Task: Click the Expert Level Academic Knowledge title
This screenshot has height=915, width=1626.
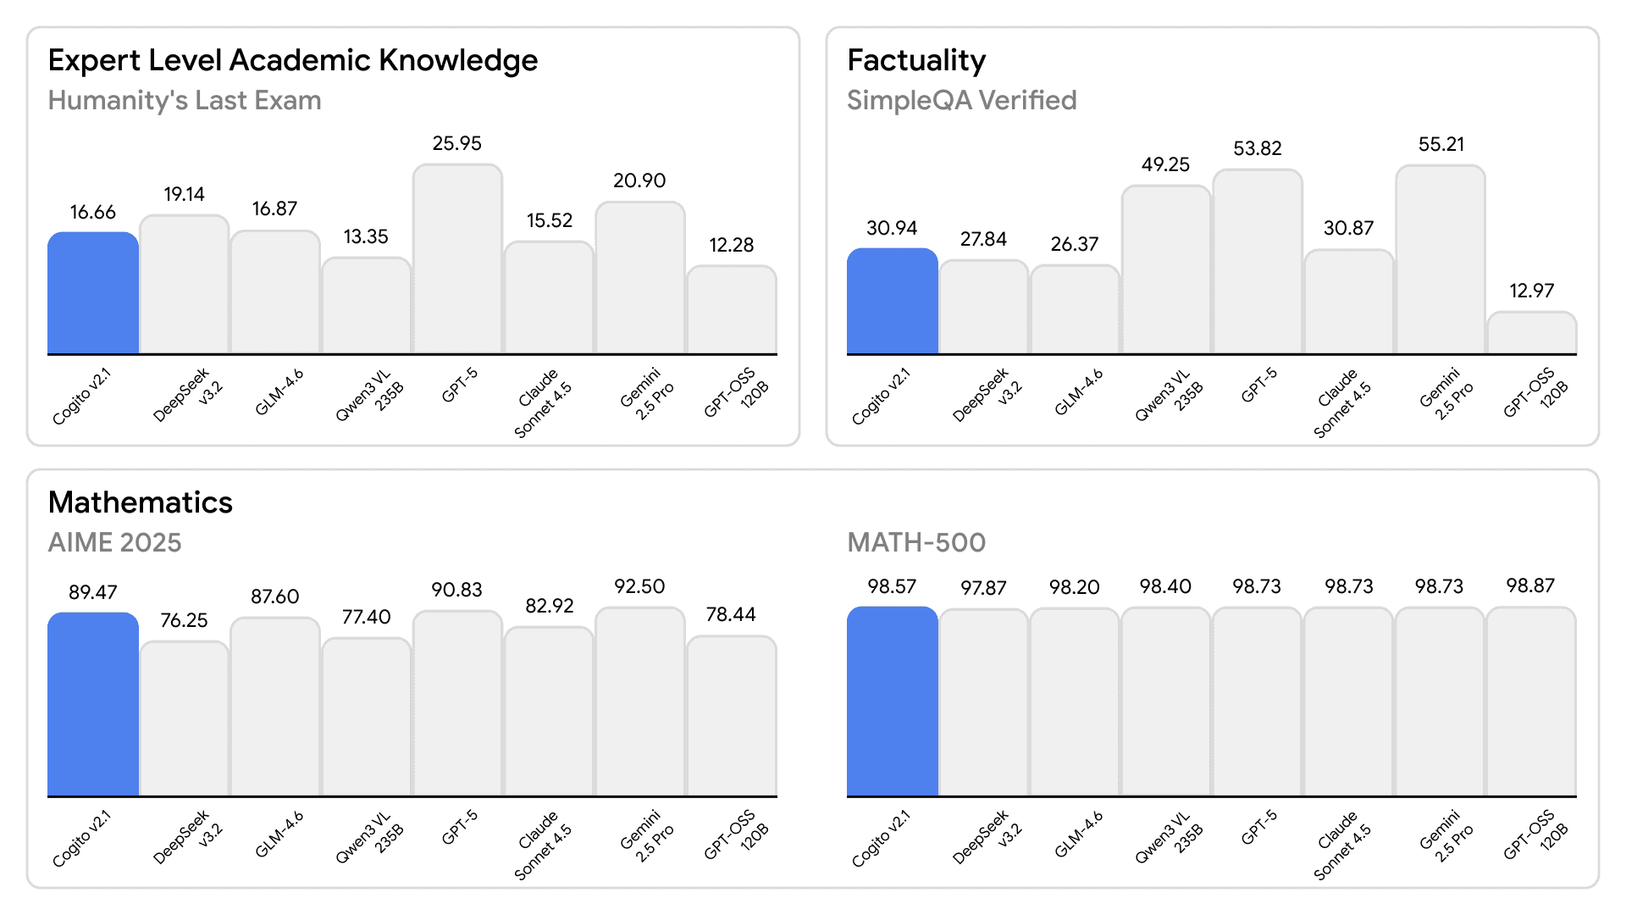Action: [x=292, y=61]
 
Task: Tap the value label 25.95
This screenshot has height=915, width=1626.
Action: [x=457, y=143]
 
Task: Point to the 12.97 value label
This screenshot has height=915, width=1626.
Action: [x=1531, y=291]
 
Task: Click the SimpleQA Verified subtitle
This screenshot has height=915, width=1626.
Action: [x=961, y=101]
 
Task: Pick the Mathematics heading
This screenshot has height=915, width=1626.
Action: [x=140, y=502]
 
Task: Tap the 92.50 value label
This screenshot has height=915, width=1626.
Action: [x=639, y=586]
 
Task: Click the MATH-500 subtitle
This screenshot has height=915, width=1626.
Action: [x=916, y=542]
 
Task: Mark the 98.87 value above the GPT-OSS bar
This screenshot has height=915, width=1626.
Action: [x=1530, y=585]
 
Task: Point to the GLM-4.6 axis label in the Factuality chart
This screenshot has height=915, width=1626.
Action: [x=1079, y=392]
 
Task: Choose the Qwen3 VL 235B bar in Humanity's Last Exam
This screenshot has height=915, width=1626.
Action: [x=366, y=306]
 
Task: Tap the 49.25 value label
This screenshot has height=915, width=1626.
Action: [x=1165, y=164]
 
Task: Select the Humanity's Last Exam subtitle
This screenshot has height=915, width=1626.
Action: [x=185, y=101]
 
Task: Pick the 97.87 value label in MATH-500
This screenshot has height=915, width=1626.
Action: [x=983, y=588]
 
